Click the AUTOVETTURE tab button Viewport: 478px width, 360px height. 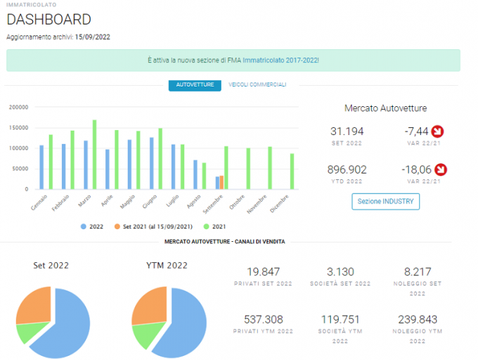(195, 85)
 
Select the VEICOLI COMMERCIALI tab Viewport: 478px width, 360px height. (257, 84)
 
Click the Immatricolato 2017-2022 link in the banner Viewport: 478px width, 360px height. (280, 60)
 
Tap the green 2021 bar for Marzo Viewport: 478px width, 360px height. (94, 155)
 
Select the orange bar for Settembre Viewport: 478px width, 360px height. (221, 182)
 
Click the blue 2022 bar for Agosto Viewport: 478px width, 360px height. (195, 174)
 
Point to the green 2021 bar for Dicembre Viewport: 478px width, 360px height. (292, 172)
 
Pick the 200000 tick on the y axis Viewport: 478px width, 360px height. (18, 108)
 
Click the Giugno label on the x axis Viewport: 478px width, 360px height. (150, 202)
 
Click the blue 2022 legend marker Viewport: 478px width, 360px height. (83, 226)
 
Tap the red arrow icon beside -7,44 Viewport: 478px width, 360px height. (437, 131)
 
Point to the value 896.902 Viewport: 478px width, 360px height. (347, 169)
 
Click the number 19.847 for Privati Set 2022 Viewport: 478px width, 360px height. (264, 271)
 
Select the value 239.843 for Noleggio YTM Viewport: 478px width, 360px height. (418, 319)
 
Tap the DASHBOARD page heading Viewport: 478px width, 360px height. (49, 20)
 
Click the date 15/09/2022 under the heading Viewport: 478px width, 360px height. (92, 37)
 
